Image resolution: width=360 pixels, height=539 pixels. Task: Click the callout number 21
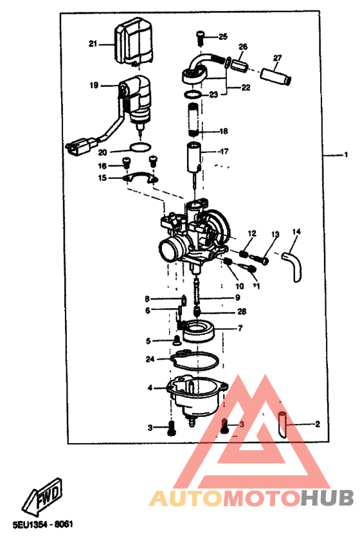tap(93, 44)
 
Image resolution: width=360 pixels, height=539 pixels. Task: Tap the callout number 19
tap(94, 85)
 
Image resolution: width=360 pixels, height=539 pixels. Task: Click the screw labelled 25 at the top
tap(201, 36)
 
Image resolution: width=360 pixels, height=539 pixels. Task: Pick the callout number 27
tap(277, 58)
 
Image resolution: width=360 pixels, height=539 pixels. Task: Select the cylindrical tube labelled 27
tap(276, 76)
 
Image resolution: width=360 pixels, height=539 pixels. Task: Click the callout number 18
tap(224, 131)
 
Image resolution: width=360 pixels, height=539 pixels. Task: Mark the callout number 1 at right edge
tap(345, 155)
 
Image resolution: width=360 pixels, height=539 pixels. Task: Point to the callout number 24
tap(150, 359)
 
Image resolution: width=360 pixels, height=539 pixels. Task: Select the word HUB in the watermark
tap(327, 498)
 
